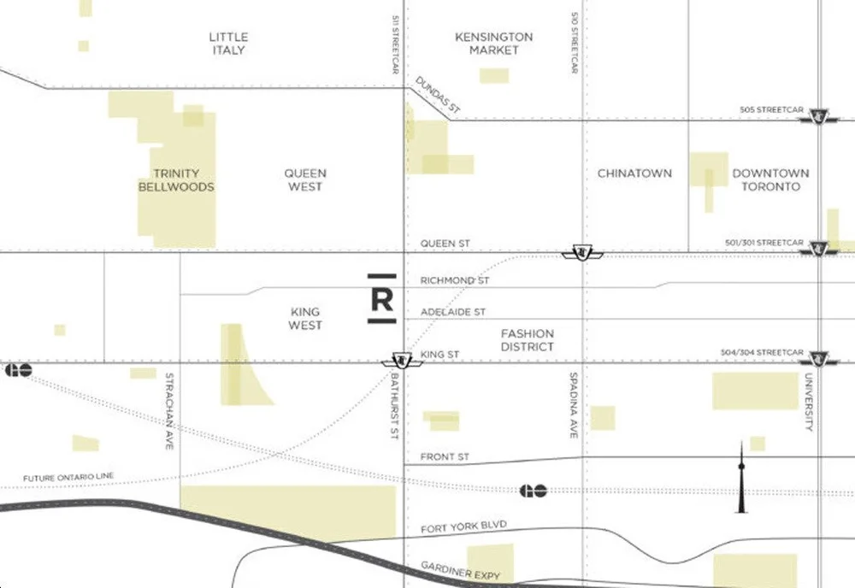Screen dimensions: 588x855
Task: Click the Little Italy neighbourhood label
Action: (x=228, y=44)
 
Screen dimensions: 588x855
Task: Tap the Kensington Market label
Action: (x=493, y=44)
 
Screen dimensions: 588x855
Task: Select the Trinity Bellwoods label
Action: (x=176, y=180)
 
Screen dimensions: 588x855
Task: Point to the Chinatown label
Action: (x=634, y=173)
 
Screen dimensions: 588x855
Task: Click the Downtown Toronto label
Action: (x=770, y=179)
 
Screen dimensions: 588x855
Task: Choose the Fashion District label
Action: (x=528, y=340)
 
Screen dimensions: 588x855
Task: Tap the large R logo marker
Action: (x=382, y=299)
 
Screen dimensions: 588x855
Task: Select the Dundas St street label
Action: (x=438, y=96)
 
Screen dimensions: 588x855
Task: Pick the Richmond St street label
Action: (x=454, y=280)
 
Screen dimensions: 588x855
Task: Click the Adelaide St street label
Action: (x=452, y=313)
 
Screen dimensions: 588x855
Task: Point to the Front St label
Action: (x=445, y=457)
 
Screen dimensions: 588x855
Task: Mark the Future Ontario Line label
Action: (x=68, y=477)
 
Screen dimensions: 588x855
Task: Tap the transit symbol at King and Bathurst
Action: (x=402, y=361)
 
